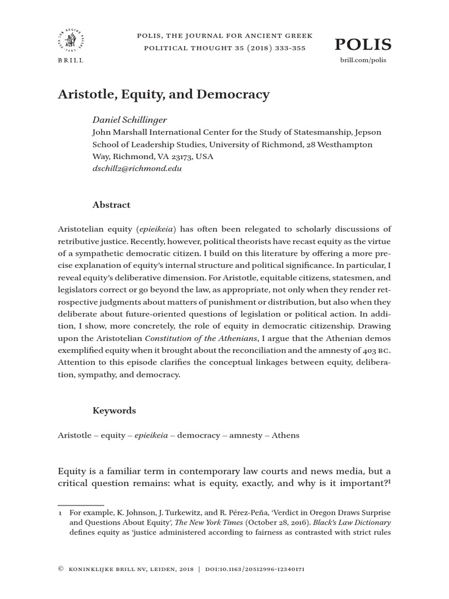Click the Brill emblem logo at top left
(x=71, y=39)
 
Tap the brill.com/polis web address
(x=364, y=60)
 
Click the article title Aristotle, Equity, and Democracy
(x=164, y=94)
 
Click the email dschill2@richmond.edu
(x=137, y=168)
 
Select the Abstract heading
(x=111, y=205)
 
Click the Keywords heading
(x=114, y=411)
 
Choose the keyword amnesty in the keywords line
(x=243, y=436)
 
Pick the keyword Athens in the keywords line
(x=285, y=436)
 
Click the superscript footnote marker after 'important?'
(x=390, y=481)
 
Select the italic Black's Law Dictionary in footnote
(x=352, y=522)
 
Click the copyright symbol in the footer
(x=60, y=569)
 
